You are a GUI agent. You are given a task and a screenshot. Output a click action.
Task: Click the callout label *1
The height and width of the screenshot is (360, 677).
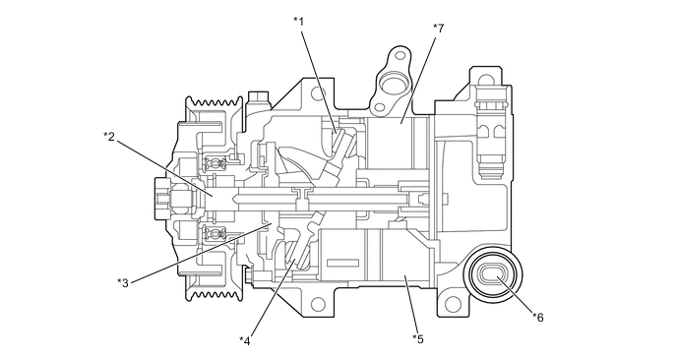pyautogui.click(x=299, y=22)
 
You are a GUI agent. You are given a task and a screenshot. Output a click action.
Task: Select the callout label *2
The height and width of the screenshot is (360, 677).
pyautogui.click(x=109, y=137)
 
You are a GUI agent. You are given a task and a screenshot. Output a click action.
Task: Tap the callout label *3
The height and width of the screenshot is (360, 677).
pyautogui.click(x=123, y=282)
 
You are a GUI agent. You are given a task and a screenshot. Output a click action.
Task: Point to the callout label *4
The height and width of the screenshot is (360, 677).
pyautogui.click(x=245, y=341)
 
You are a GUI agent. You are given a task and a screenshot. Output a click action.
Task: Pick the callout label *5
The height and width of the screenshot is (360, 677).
pyautogui.click(x=418, y=338)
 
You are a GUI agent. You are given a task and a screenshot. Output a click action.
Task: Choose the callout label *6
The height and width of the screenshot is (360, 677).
pyautogui.click(x=538, y=318)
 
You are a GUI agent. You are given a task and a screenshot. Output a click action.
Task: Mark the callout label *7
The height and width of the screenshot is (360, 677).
pyautogui.click(x=439, y=29)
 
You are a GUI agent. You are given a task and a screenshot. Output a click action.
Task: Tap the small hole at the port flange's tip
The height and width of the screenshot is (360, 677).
pyautogui.click(x=400, y=55)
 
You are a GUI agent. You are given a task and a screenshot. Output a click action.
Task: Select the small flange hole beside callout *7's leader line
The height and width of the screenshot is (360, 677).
pyautogui.click(x=381, y=107)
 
